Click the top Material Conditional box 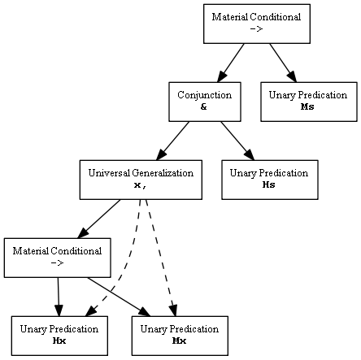[257, 24]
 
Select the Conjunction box [205, 102]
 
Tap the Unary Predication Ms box [309, 102]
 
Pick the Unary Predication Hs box [270, 180]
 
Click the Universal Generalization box [141, 180]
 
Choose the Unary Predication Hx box [59, 336]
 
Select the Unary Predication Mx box [180, 336]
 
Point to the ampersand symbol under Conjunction [204, 106]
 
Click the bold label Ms [307, 106]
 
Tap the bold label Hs [268, 184]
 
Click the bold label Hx [59, 340]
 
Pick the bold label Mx [179, 340]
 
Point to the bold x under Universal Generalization [137, 185]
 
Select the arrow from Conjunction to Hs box [237, 141]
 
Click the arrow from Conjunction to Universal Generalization [172, 141]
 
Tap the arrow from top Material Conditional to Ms [283, 63]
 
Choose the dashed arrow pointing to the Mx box [160, 258]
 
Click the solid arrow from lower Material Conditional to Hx [59, 297]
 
